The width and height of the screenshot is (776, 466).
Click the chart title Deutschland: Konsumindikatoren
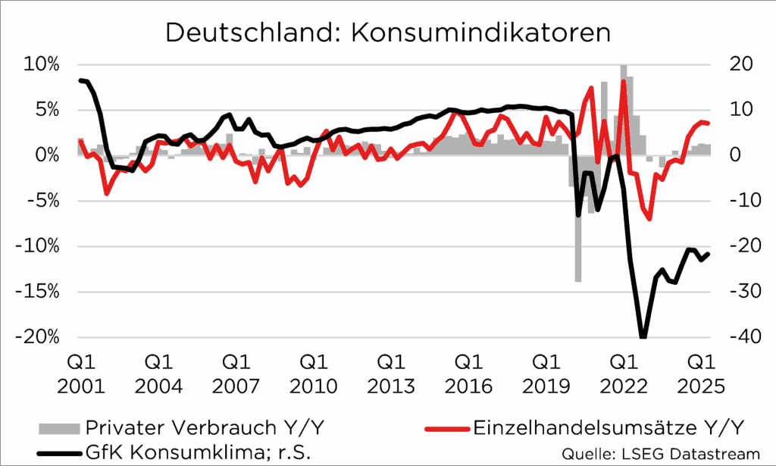pos(387,33)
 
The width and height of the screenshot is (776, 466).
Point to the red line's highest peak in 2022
pos(624,82)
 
